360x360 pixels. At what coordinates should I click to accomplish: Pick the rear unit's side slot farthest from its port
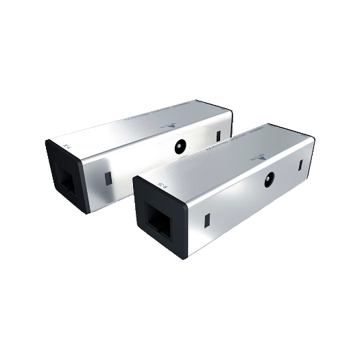[x=219, y=135]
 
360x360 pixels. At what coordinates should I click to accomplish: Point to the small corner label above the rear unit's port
[x=67, y=147]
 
